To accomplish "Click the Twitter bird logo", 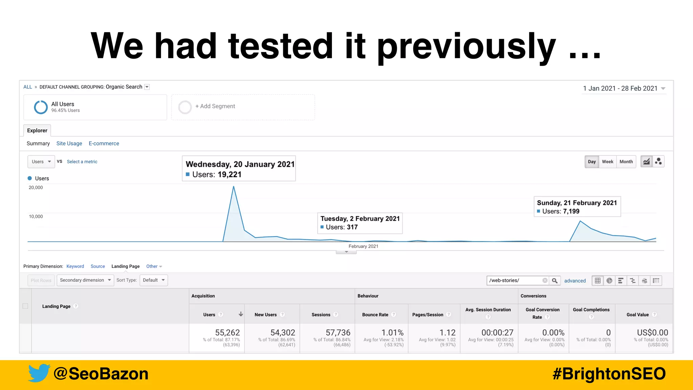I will (x=39, y=373).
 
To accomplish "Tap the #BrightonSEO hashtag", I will (x=609, y=374).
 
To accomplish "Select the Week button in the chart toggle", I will (x=607, y=162).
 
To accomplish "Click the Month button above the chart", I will (x=626, y=162).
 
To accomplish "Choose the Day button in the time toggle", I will (x=592, y=162).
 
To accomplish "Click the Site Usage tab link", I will (x=69, y=144).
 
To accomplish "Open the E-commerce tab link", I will (x=104, y=144).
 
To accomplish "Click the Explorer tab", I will (x=37, y=131).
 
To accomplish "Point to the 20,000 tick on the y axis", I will (x=36, y=188).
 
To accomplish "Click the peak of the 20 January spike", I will (x=233, y=187).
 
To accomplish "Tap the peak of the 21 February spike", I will (x=580, y=221).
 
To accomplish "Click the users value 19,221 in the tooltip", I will (x=229, y=175).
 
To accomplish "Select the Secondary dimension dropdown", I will (x=85, y=280).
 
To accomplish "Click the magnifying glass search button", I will (x=555, y=281).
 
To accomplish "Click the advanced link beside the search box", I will (x=575, y=281).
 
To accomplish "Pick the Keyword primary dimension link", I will (x=75, y=266).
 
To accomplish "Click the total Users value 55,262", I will (x=227, y=332).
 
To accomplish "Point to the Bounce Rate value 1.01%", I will (x=393, y=332).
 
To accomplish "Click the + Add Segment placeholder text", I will (x=215, y=106).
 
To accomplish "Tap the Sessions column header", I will (x=321, y=315).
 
